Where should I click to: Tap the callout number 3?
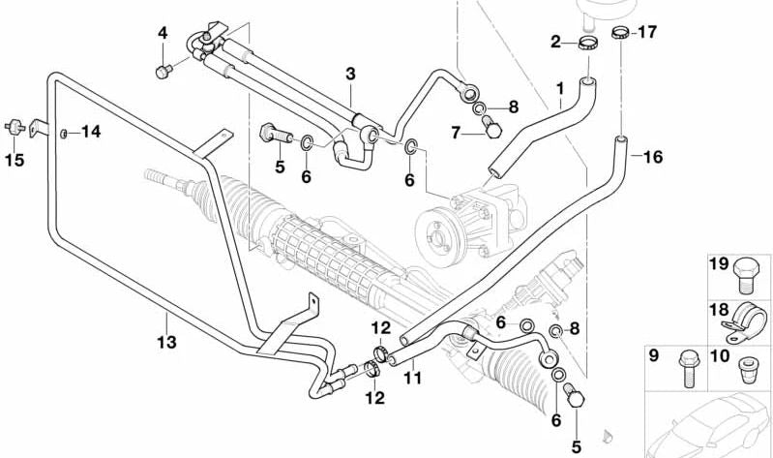point(350,74)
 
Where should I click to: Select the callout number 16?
point(653,157)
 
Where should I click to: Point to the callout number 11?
point(412,380)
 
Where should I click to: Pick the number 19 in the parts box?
point(718,263)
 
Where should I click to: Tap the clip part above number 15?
point(15,125)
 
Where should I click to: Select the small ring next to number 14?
point(64,132)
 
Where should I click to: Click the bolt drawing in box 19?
point(746,274)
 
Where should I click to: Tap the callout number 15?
point(14,158)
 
